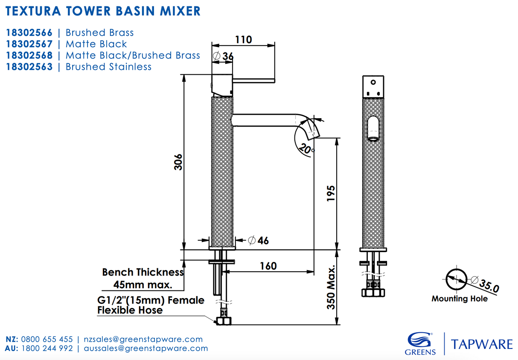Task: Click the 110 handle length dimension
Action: pyautogui.click(x=243, y=39)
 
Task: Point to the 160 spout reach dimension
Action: pyautogui.click(x=268, y=266)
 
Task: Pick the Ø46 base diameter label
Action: pyautogui.click(x=259, y=240)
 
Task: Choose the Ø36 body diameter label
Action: pyautogui.click(x=223, y=56)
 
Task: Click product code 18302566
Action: pyautogui.click(x=29, y=33)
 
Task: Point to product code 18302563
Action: pyautogui.click(x=29, y=67)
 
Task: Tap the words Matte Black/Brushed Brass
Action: pyautogui.click(x=133, y=55)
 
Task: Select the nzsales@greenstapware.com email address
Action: pyautogui.click(x=143, y=340)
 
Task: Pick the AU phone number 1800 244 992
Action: pyautogui.click(x=47, y=348)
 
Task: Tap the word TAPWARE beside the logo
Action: pyautogui.click(x=482, y=344)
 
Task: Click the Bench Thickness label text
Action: pyautogui.click(x=143, y=272)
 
